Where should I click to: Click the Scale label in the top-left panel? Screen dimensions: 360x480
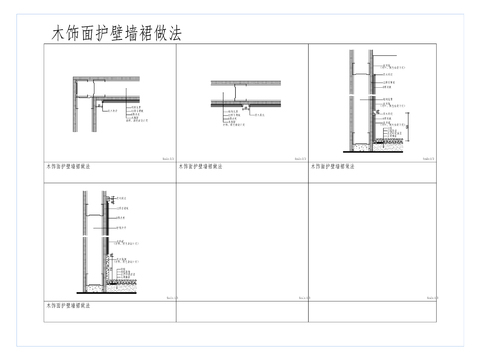point(167,158)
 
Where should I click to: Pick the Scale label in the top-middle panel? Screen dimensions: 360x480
point(300,158)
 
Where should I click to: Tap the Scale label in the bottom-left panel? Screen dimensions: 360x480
point(169,297)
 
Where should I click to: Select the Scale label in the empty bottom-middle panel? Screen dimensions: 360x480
point(300,297)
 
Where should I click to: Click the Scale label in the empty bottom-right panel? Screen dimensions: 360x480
point(431,297)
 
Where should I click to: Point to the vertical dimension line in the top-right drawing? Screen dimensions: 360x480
point(410,128)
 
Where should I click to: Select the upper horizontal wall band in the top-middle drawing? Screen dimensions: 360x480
point(245,83)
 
